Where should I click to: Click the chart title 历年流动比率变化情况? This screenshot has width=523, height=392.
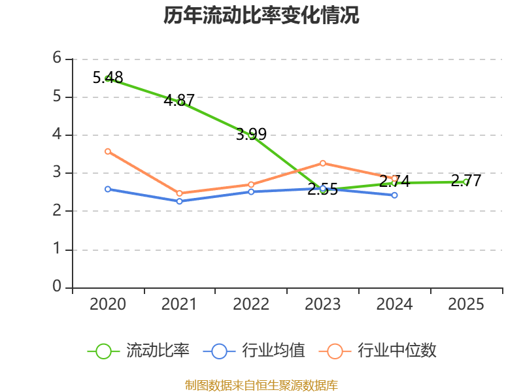point(261,15)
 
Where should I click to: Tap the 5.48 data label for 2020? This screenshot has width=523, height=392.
point(108,77)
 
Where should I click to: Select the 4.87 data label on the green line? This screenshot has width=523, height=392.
point(179,100)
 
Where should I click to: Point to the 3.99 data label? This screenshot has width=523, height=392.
point(251,135)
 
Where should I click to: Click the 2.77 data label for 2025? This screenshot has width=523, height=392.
point(466,181)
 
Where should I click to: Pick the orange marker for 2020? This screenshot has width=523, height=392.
point(108,152)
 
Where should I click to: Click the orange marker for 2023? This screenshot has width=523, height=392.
point(323,163)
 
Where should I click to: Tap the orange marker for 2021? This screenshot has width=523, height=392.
point(179,193)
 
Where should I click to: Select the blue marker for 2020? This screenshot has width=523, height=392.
point(108,189)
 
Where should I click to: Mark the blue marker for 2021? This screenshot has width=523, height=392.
point(179,201)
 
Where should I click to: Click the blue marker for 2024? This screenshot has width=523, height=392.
point(395,195)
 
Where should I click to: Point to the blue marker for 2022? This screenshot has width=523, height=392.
point(251,192)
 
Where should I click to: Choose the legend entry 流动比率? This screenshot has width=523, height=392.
point(138,351)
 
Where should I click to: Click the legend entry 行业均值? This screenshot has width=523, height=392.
point(254,351)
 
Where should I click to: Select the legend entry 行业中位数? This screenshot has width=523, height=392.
point(378,351)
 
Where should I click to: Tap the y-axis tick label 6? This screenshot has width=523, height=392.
point(57,57)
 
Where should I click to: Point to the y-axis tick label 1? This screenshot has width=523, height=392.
point(57,249)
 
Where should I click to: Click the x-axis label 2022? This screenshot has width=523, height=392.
point(251,304)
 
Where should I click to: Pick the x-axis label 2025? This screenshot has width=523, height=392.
point(466,304)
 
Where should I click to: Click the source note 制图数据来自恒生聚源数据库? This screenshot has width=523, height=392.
point(261,385)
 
